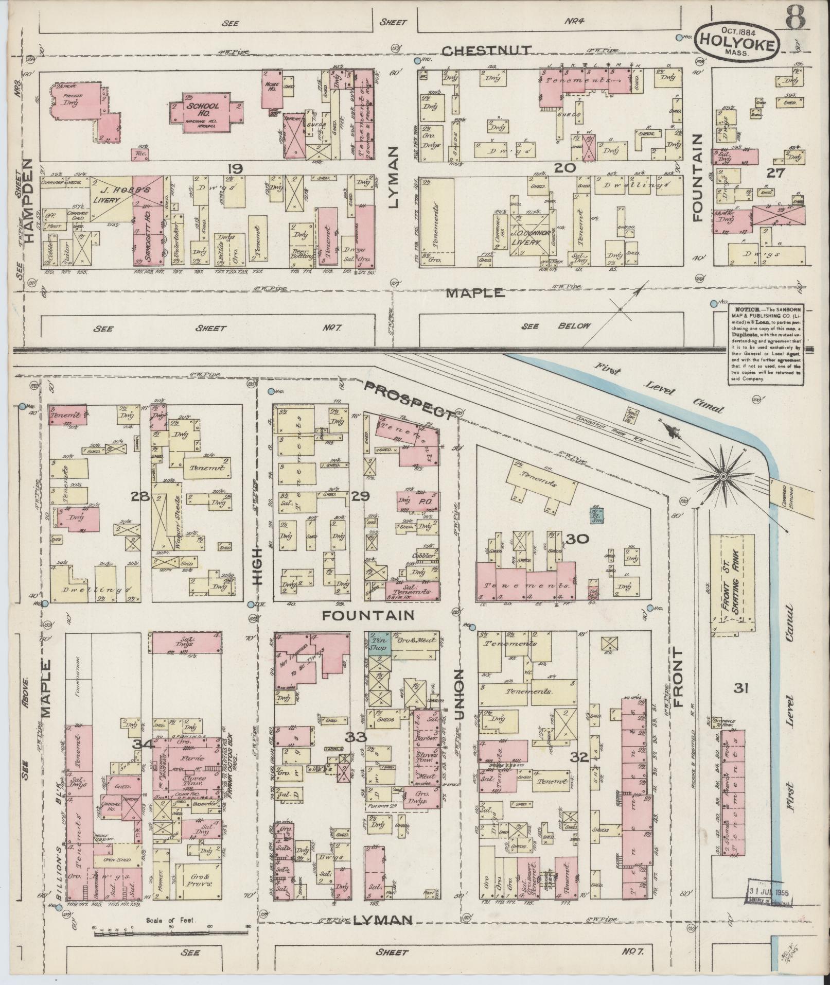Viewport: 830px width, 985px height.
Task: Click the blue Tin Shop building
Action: [379, 644]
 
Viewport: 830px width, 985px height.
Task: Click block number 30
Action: [577, 539]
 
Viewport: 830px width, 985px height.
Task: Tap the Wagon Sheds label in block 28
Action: [163, 527]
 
